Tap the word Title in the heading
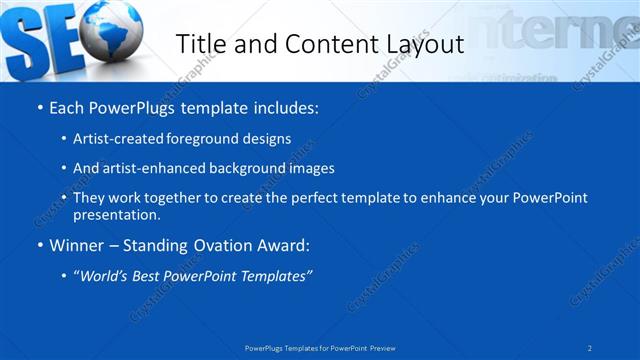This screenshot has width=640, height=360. [201, 44]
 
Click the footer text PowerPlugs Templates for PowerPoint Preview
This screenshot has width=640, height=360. [320, 347]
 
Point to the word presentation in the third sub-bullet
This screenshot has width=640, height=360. [117, 215]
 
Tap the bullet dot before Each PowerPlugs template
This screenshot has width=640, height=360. [38, 108]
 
